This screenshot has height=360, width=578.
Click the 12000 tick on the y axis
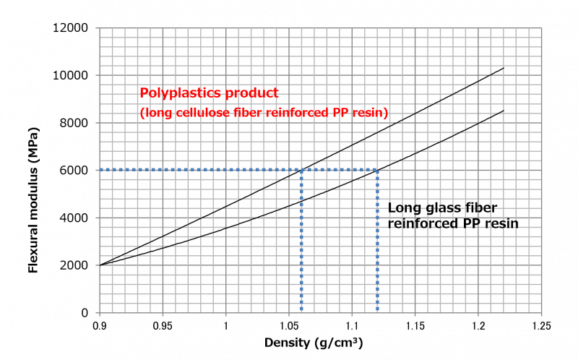(70, 27)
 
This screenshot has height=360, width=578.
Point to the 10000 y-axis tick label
(70, 75)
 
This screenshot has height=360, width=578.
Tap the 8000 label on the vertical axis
(74, 123)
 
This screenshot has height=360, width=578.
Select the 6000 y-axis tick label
(74, 171)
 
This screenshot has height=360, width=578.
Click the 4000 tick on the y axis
(74, 218)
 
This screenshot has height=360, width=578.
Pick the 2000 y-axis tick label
(74, 265)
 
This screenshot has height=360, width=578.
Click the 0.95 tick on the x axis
(163, 326)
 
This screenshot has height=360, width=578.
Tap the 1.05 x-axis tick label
(288, 326)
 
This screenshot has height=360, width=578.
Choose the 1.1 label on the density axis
(352, 326)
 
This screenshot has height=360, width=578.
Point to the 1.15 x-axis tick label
(415, 326)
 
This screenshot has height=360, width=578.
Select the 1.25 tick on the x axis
(541, 326)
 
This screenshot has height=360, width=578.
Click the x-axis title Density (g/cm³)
(314, 343)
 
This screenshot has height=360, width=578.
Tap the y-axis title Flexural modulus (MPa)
(33, 200)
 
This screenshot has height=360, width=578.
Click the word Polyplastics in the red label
(181, 93)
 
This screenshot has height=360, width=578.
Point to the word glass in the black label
(441, 207)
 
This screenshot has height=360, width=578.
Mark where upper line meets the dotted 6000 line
(301, 170)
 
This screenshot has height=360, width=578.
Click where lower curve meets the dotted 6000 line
(377, 170)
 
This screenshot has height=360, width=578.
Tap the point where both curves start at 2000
(100, 265)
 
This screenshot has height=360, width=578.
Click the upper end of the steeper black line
(504, 68)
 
